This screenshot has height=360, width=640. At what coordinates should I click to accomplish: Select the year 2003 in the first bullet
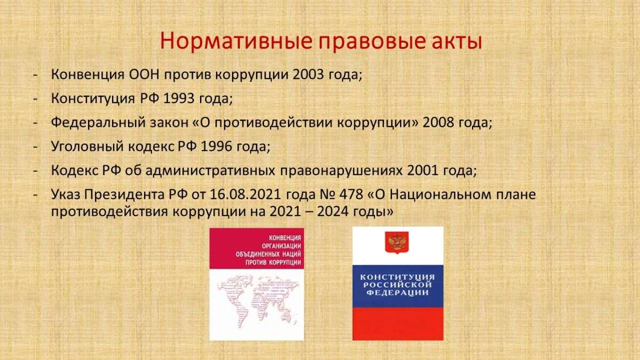[309, 74]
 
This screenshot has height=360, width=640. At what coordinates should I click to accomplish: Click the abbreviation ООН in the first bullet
[144, 75]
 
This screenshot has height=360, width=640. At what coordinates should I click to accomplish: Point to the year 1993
[179, 98]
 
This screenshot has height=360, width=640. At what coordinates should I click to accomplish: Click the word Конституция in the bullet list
[93, 99]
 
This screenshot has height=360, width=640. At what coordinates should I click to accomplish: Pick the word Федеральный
[98, 123]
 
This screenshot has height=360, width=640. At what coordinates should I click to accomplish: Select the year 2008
[438, 122]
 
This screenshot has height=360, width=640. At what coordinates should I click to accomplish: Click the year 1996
[217, 146]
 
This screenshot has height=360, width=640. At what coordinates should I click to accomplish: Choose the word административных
[210, 171]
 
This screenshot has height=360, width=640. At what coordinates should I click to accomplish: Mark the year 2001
[422, 170]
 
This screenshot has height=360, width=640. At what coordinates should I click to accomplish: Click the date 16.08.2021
[245, 194]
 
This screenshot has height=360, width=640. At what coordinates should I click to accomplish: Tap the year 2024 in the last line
[333, 212]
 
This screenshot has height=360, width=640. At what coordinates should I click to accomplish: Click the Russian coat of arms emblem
[397, 243]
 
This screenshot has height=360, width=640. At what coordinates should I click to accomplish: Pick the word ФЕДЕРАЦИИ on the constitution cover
[398, 293]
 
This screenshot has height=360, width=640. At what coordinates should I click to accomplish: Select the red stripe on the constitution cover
[398, 323]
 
